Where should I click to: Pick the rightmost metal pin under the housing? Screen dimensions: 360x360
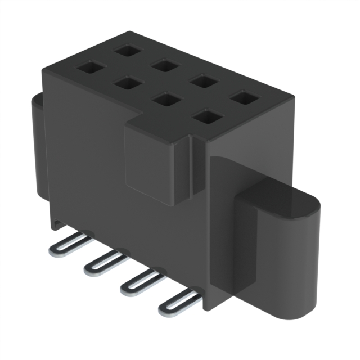pos(178,301)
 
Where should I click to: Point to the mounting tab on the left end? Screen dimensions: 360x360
pos(39,146)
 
